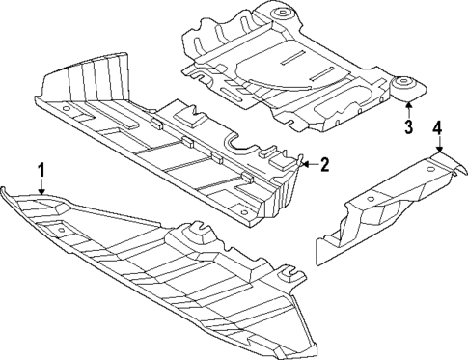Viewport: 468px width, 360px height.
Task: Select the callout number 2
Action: (x=324, y=165)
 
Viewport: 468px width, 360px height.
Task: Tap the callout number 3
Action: (x=408, y=126)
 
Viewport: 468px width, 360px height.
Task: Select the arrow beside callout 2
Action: (x=307, y=165)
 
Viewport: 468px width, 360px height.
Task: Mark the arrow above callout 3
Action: (x=408, y=110)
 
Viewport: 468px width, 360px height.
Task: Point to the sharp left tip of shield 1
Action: (x=4, y=186)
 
